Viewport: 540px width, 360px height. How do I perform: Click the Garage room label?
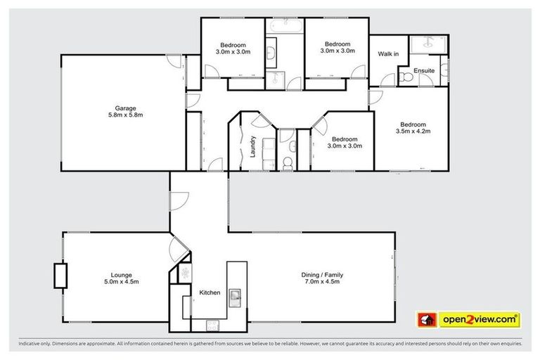pos(116,108)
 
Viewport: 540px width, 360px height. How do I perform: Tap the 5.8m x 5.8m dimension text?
pos(116,115)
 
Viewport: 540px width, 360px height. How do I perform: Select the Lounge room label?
pos(121,274)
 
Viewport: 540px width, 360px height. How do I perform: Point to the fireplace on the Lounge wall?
pos(60,275)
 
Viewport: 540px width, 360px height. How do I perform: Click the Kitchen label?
pos(210,292)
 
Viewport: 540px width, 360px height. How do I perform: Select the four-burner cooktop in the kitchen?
pos(210,325)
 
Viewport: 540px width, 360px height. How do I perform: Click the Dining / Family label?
pos(323,274)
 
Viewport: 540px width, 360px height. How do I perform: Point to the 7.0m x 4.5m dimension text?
pos(323,282)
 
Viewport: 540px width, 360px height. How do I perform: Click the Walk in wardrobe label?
pos(388,54)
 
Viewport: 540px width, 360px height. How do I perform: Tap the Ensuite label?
pos(423,71)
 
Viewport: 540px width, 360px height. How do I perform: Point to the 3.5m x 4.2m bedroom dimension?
pos(413,131)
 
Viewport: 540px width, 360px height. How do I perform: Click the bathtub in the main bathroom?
pos(284,26)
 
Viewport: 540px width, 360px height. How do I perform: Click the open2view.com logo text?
pos(480,320)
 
